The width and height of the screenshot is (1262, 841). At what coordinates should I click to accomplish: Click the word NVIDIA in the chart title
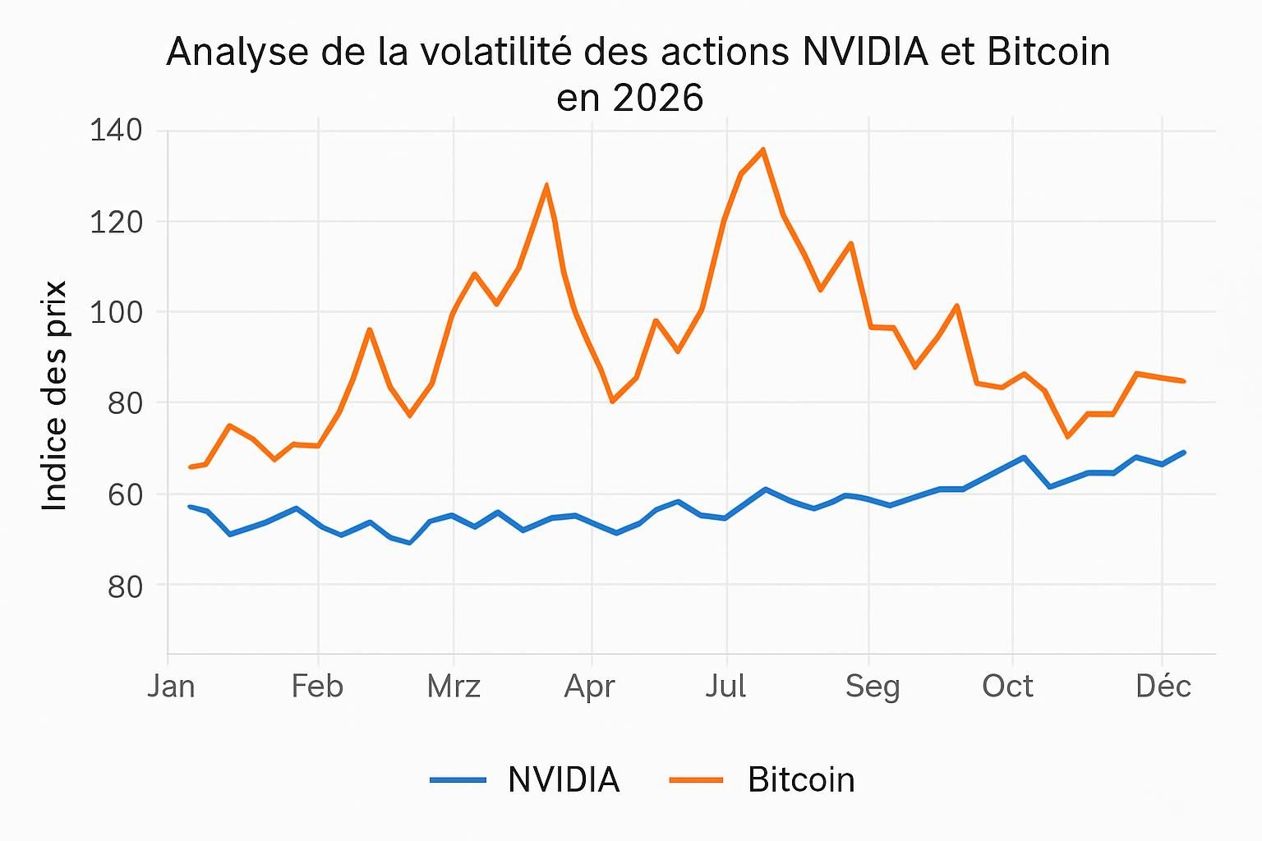click(864, 52)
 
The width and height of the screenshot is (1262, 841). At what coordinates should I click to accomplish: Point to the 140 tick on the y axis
click(115, 130)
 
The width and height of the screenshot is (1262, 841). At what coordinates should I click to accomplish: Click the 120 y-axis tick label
click(115, 222)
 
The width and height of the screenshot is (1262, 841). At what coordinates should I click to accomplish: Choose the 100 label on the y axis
click(115, 312)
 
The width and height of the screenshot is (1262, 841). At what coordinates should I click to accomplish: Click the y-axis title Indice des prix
click(54, 396)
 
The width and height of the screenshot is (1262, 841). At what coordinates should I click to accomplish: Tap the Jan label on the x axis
click(171, 686)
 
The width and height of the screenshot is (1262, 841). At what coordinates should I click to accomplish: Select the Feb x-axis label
click(317, 686)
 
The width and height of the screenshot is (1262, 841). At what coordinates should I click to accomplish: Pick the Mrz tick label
click(454, 686)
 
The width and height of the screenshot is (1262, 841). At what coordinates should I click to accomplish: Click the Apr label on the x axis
click(589, 686)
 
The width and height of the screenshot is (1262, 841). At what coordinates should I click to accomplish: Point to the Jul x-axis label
click(725, 686)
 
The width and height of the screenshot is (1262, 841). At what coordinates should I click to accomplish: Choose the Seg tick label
click(873, 686)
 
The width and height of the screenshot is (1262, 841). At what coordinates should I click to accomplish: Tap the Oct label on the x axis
click(1007, 686)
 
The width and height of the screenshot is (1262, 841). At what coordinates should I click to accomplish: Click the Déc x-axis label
click(1163, 686)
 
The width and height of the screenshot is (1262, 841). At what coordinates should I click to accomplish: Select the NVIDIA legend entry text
click(564, 779)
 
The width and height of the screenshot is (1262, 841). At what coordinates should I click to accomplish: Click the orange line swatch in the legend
click(697, 779)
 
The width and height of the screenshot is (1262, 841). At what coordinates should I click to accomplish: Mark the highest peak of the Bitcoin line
click(763, 149)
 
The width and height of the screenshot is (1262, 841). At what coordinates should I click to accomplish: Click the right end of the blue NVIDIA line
click(1184, 452)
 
